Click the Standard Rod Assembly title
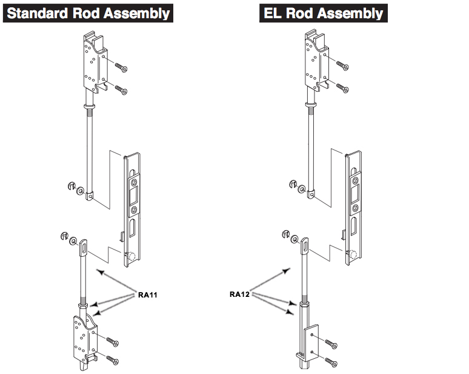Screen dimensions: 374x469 click(x=88, y=13)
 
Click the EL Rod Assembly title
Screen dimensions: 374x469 click(x=323, y=13)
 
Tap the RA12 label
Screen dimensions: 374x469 click(x=241, y=294)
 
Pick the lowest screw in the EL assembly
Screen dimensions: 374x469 click(x=331, y=362)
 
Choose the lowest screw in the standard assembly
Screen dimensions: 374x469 click(x=111, y=361)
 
